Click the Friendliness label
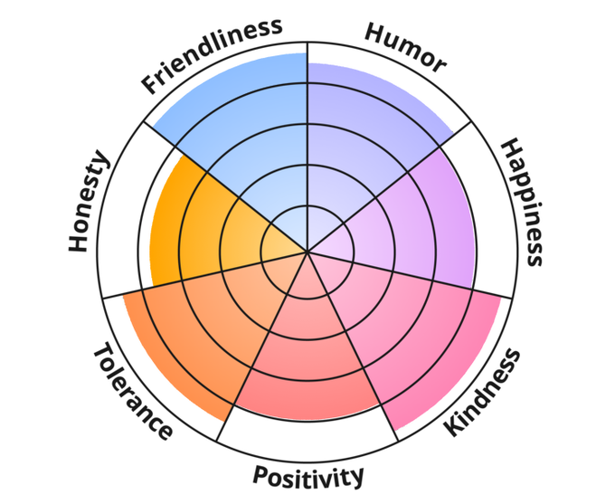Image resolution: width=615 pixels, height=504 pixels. pos(212,55)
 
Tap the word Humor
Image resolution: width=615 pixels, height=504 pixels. pos(405,46)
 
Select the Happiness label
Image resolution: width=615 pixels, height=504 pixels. pos(522,202)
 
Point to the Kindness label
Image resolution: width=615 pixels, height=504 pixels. pos(484,392)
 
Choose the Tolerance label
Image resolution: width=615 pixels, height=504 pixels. pos(132,390)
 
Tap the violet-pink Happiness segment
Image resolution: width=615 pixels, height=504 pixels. pos(416,217)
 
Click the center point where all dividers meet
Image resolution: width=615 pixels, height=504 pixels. pos(307,251)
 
